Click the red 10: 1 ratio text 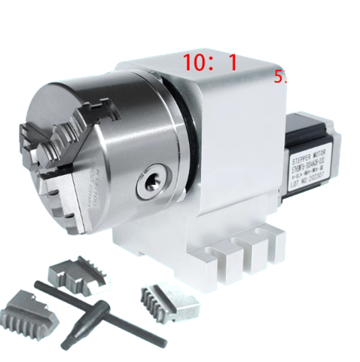point(209,63)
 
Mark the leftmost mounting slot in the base point(224,256)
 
